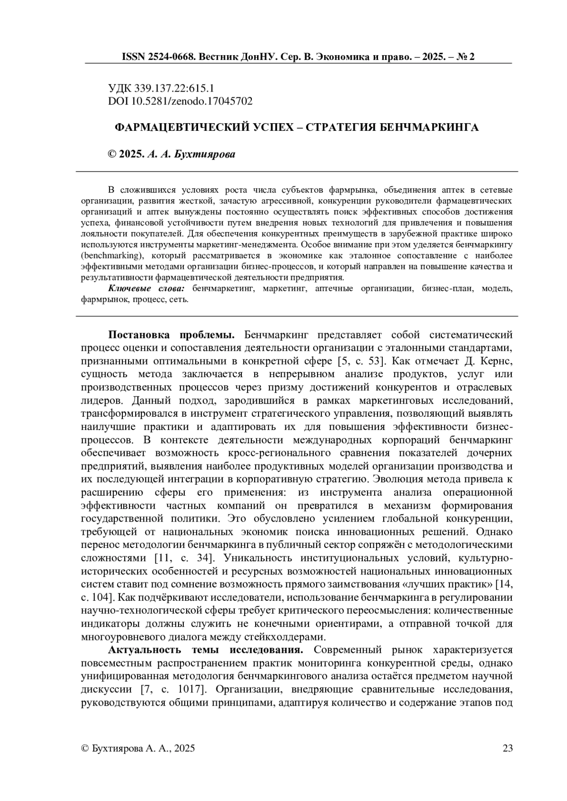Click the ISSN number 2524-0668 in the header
pyautogui.click(x=168, y=57)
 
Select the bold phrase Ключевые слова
pyautogui.click(x=146, y=289)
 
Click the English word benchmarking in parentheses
pyautogui.click(x=112, y=256)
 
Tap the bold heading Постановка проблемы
pyautogui.click(x=172, y=335)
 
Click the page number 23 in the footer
pyautogui.click(x=507, y=748)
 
